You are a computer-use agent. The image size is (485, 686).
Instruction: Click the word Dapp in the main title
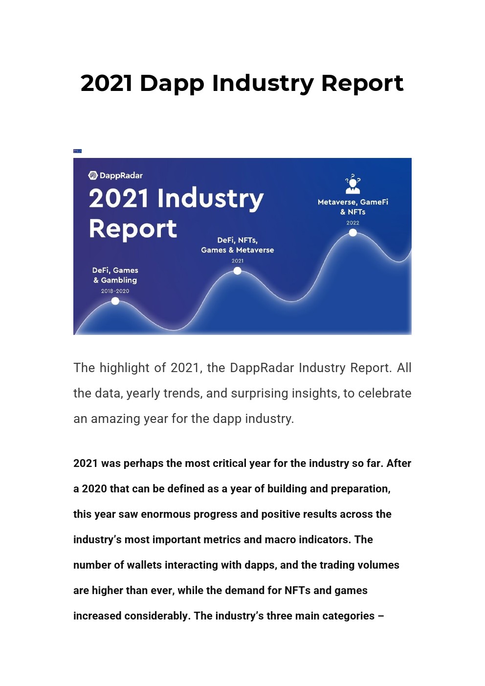pyautogui.click(x=172, y=84)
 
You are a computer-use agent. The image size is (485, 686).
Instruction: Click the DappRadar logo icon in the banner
pyautogui.click(x=93, y=176)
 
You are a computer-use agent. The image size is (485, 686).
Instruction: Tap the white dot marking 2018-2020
pyautogui.click(x=115, y=301)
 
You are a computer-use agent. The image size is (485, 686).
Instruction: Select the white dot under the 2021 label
pyautogui.click(x=238, y=271)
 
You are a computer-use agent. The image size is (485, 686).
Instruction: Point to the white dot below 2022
pyautogui.click(x=353, y=233)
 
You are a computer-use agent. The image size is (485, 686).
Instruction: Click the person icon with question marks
pyautogui.click(x=353, y=184)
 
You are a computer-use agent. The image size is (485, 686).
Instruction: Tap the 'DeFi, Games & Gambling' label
pyautogui.click(x=115, y=275)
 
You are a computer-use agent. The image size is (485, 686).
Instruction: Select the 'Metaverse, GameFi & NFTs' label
pyautogui.click(x=353, y=207)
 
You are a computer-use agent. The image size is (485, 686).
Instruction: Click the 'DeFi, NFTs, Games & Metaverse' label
pyautogui.click(x=238, y=245)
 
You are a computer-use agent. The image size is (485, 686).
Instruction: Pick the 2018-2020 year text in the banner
pyautogui.click(x=115, y=291)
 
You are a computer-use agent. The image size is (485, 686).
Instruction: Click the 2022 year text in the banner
pyautogui.click(x=353, y=223)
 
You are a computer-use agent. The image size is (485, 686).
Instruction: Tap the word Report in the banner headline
pyautogui.click(x=133, y=229)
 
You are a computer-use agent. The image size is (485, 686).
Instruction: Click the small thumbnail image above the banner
pyautogui.click(x=77, y=151)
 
